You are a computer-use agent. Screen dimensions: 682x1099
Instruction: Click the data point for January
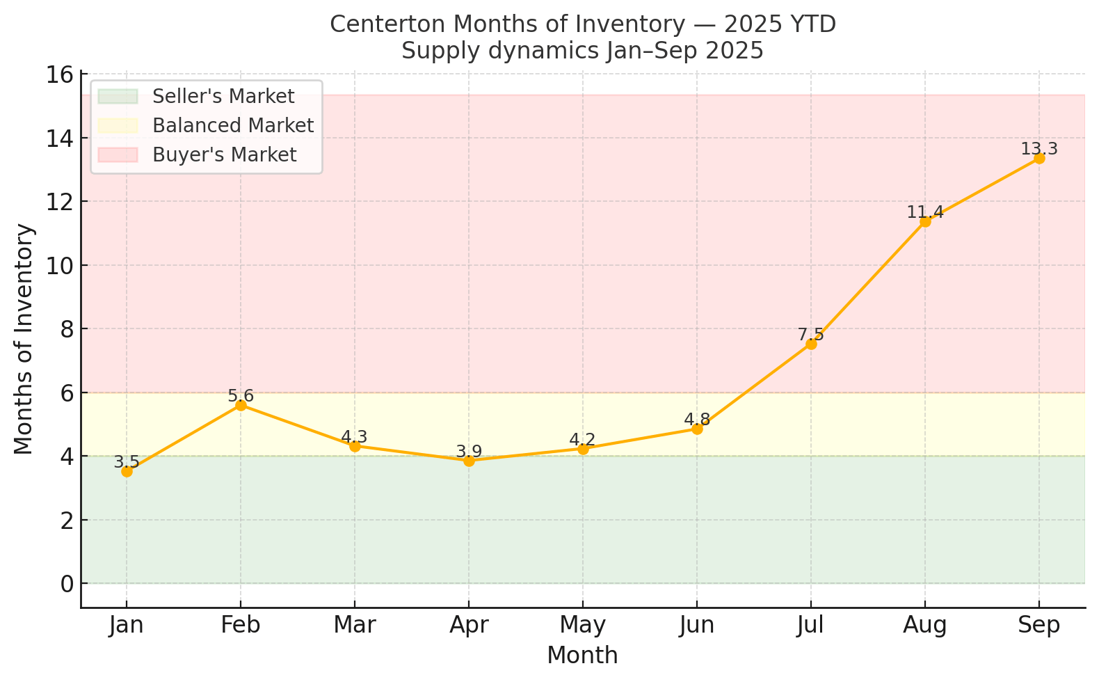127,471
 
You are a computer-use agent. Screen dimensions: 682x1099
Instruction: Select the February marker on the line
241,405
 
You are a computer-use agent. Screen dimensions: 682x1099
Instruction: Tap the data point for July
811,344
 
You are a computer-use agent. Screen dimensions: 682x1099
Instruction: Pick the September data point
1039,158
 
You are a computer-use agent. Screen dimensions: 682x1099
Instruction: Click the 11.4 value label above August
925,212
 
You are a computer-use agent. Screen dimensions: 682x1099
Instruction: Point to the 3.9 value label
469,452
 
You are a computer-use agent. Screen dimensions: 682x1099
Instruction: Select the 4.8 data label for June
697,420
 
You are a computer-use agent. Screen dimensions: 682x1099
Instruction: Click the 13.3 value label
1039,149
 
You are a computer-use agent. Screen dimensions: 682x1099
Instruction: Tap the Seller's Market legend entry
223,96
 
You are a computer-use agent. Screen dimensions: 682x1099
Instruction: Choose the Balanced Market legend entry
233,125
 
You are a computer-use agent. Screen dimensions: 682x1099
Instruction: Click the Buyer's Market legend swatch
118,154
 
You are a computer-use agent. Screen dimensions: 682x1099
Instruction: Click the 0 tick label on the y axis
67,583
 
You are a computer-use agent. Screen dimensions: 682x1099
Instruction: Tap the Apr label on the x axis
469,625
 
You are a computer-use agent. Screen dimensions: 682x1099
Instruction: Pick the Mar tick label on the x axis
355,625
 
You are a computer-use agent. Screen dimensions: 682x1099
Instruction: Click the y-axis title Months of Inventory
24,339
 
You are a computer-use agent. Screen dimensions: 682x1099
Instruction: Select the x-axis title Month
582,656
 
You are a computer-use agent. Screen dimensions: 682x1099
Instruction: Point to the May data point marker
583,449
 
